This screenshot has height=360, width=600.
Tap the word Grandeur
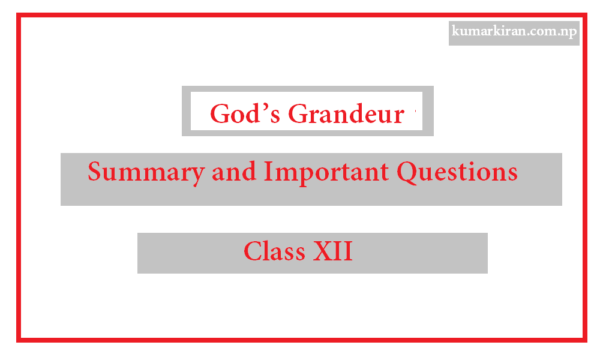[x=346, y=114]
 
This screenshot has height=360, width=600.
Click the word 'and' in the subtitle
[x=233, y=172]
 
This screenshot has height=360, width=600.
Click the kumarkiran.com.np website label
[x=514, y=32]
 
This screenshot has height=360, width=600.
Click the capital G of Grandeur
[x=298, y=114]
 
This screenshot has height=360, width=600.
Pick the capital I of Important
[x=268, y=172]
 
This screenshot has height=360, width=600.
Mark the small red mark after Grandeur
[x=415, y=112]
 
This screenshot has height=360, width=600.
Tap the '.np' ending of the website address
[x=566, y=32]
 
